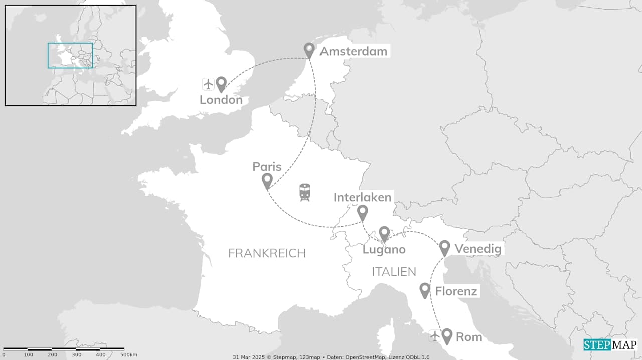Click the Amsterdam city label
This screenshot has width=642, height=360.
click(x=353, y=51)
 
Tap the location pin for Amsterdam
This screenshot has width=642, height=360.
click(x=309, y=50)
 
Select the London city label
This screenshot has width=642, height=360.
click(x=221, y=100)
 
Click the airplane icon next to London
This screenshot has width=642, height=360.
click(x=208, y=84)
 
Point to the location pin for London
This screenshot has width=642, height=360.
click(x=221, y=84)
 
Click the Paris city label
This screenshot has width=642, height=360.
click(x=267, y=167)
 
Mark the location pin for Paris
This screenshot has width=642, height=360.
click(x=267, y=181)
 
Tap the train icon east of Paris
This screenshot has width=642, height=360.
click(x=305, y=192)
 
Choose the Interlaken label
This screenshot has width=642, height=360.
click(x=362, y=197)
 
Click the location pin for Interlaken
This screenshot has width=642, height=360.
click(x=362, y=212)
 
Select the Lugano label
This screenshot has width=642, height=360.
click(x=384, y=249)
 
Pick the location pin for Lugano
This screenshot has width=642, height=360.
click(x=384, y=233)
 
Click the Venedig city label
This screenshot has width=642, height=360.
click(x=477, y=249)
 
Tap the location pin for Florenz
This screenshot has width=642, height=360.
click(x=425, y=290)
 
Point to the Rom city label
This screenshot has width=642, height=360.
click(x=469, y=337)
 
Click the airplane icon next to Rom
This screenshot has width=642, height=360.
click(x=434, y=336)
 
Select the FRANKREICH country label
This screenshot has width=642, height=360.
click(x=267, y=253)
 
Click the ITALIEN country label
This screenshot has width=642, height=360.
click(x=394, y=272)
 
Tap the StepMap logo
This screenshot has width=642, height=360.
click(x=610, y=345)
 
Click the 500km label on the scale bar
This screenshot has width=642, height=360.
click(x=129, y=355)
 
